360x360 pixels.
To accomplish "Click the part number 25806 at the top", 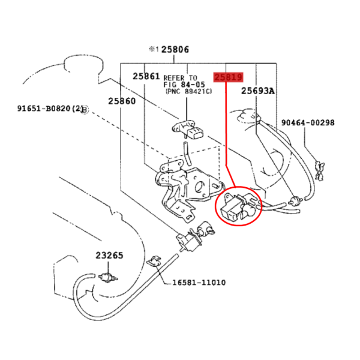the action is pyautogui.click(x=175, y=50).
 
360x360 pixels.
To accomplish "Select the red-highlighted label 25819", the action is pyautogui.click(x=228, y=77).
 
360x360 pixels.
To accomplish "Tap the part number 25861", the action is pyautogui.click(x=146, y=76).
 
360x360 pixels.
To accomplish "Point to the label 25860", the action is pyautogui.click(x=122, y=101).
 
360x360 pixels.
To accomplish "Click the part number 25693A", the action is pyautogui.click(x=258, y=91).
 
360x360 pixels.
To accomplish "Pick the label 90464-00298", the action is pyautogui.click(x=308, y=122).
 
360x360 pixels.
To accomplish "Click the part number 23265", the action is pyautogui.click(x=109, y=256).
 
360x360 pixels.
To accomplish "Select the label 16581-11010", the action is pyautogui.click(x=199, y=283).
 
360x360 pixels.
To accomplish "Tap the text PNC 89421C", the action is pyautogui.click(x=189, y=91).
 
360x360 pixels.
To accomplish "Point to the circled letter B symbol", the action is pyautogui.click(x=85, y=110).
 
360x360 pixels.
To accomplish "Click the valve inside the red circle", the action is pyautogui.click(x=238, y=206).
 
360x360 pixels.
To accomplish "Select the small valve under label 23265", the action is pyautogui.click(x=108, y=277).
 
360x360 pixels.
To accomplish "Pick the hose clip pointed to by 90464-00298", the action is pyautogui.click(x=320, y=170).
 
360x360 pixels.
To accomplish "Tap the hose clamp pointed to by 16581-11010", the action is pyautogui.click(x=154, y=261).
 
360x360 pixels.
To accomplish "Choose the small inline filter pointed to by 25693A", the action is pyautogui.click(x=295, y=200).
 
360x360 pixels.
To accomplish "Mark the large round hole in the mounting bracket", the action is pyautogui.click(x=199, y=187).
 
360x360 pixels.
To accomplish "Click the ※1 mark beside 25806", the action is pyautogui.click(x=154, y=49).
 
